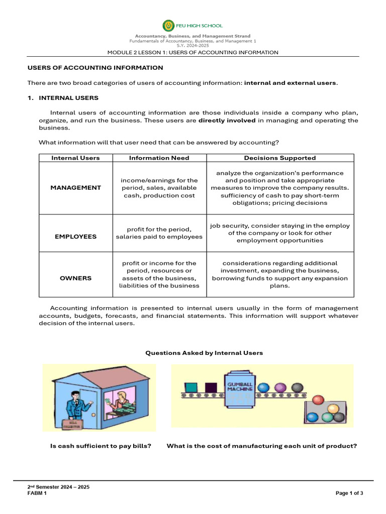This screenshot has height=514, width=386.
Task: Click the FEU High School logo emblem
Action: click(168, 26)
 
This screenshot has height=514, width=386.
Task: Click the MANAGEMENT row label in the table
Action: click(75, 188)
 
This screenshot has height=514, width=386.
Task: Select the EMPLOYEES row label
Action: click(75, 236)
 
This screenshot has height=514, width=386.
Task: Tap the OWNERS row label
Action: click(75, 278)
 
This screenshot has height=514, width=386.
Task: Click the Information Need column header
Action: click(159, 158)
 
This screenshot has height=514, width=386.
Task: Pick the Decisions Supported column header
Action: click(279, 158)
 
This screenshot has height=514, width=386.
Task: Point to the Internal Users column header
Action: click(75, 158)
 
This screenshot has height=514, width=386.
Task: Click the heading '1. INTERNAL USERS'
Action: click(63, 98)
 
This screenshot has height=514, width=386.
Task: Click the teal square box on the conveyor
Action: click(191, 388)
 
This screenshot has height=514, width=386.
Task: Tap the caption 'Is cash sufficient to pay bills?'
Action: click(101, 446)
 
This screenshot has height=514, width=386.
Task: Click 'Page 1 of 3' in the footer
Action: click(349, 493)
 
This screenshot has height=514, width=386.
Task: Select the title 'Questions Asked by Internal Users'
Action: click(204, 353)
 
